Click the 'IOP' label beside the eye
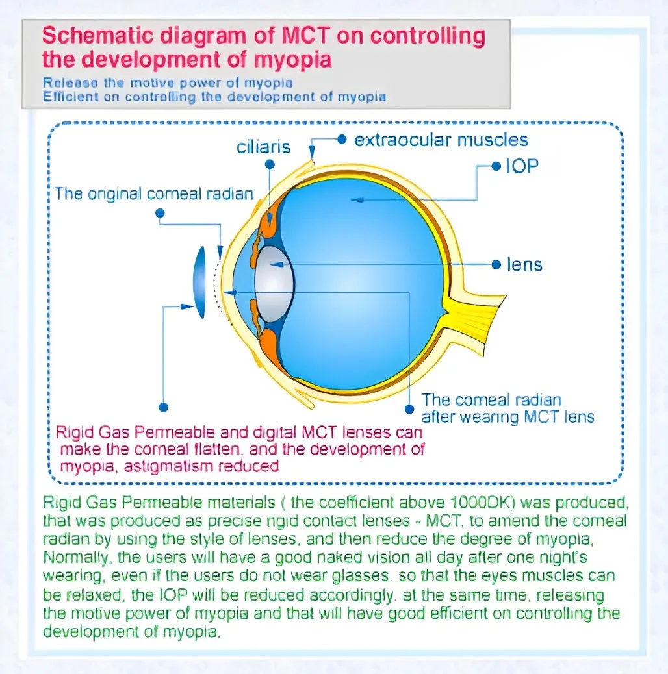[x=522, y=166]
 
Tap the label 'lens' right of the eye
[x=524, y=264]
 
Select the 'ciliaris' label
[x=263, y=146]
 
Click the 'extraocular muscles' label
[x=441, y=140]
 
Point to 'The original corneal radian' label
[x=153, y=194]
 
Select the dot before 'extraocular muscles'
[x=342, y=139]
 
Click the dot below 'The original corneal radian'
[x=161, y=213]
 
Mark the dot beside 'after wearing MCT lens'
[x=409, y=409]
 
